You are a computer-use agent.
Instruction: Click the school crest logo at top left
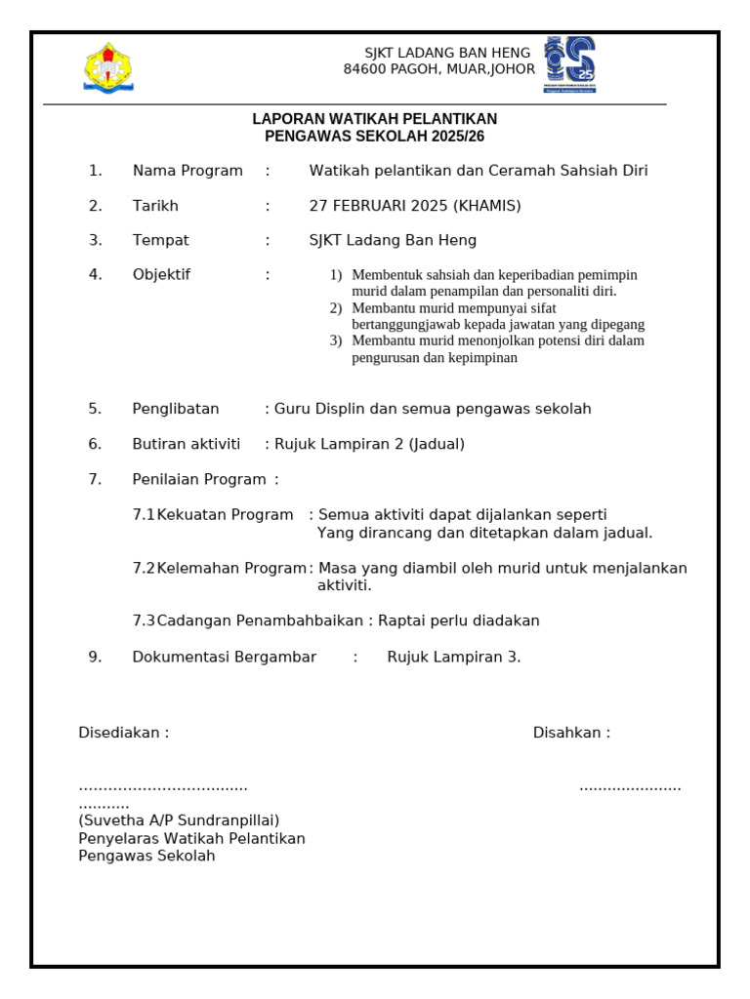pyautogui.click(x=108, y=67)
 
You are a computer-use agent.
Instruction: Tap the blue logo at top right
pyautogui.click(x=569, y=64)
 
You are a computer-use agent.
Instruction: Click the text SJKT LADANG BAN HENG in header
pyautogui.click(x=447, y=53)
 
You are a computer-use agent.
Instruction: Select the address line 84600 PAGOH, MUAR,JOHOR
pyautogui.click(x=438, y=69)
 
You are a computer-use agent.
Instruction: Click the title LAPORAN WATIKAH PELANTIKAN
pyautogui.click(x=374, y=119)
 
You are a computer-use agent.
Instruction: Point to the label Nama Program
pyautogui.click(x=187, y=171)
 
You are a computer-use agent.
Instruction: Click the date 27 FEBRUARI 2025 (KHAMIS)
pyautogui.click(x=415, y=206)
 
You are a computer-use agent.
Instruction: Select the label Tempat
pyautogui.click(x=161, y=240)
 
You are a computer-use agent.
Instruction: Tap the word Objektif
pyautogui.click(x=161, y=274)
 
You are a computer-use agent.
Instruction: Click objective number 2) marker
pyautogui.click(x=335, y=308)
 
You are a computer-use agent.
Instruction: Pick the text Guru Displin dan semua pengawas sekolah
pyautogui.click(x=433, y=409)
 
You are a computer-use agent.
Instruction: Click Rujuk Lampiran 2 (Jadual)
pyautogui.click(x=369, y=444)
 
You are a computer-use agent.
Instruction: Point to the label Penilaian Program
pyautogui.click(x=199, y=479)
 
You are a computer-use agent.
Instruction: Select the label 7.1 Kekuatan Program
pyautogui.click(x=213, y=514)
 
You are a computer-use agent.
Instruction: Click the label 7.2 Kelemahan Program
pyautogui.click(x=220, y=568)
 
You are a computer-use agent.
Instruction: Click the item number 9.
pyautogui.click(x=95, y=657)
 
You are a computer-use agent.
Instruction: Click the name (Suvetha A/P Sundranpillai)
pyautogui.click(x=179, y=820)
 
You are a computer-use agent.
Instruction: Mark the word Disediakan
pyautogui.click(x=120, y=733)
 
